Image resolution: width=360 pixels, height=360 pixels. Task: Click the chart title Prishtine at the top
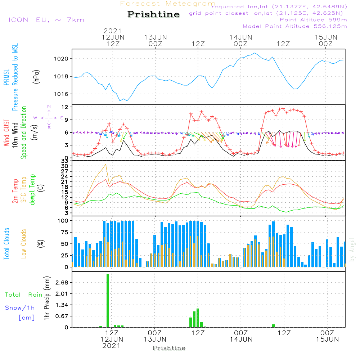coord(153,14)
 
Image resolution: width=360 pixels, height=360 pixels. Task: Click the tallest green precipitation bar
coord(108,301)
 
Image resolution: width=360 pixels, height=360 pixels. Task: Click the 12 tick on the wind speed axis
coord(65,107)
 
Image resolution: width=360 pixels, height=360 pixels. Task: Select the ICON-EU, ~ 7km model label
coord(46,20)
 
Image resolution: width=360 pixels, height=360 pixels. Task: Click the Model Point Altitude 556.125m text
coord(294,26)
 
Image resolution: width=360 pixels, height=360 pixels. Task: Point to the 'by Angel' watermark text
coord(352,249)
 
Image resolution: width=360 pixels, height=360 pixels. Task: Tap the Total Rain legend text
coord(24,295)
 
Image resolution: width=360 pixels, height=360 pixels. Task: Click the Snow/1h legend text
coord(20,308)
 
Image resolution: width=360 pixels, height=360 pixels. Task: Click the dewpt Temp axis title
coord(33,189)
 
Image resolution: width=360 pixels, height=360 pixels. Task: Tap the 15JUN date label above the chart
coord(326,37)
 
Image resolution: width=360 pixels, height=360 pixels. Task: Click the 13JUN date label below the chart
coord(155,339)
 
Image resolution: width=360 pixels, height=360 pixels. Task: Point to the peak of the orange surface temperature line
coord(105,165)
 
